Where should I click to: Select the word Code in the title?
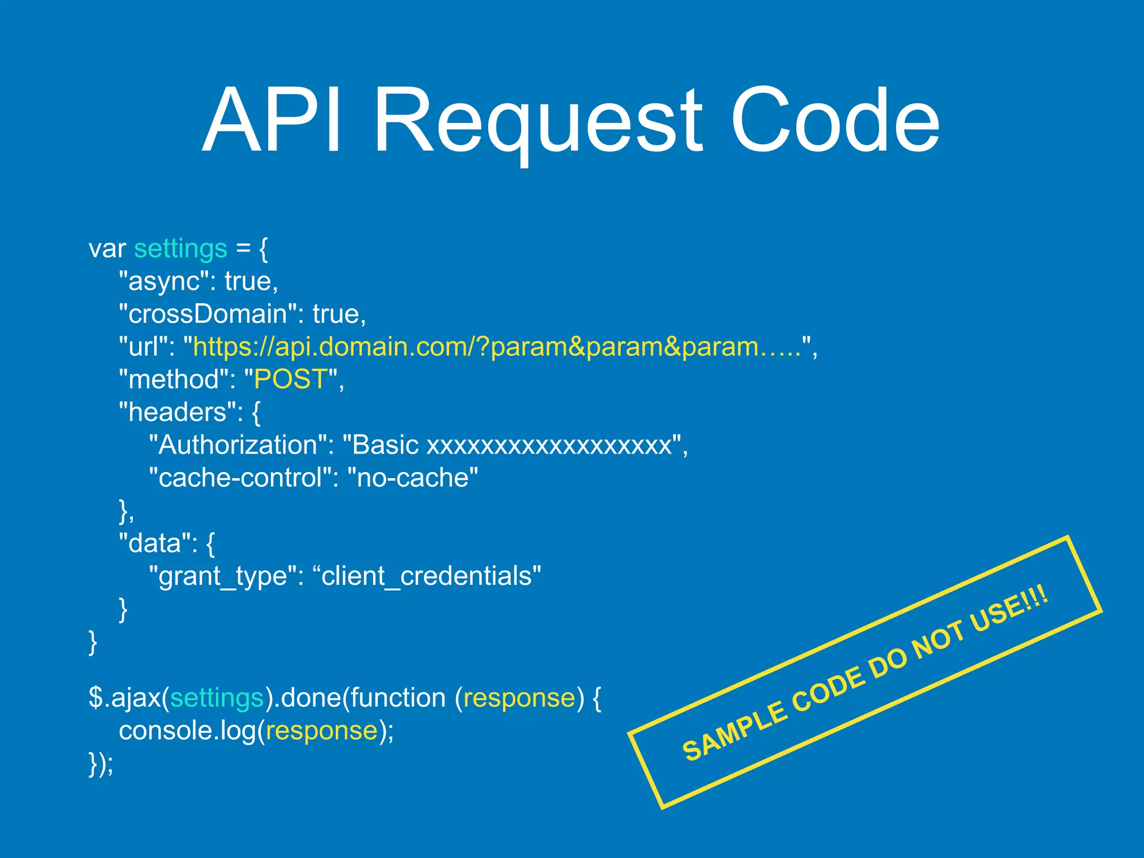835,120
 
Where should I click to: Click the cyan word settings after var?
180,249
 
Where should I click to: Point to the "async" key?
167,281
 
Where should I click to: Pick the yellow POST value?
290,379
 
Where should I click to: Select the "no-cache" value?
413,478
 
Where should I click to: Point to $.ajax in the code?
125,698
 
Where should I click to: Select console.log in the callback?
187,731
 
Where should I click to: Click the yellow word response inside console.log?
322,731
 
